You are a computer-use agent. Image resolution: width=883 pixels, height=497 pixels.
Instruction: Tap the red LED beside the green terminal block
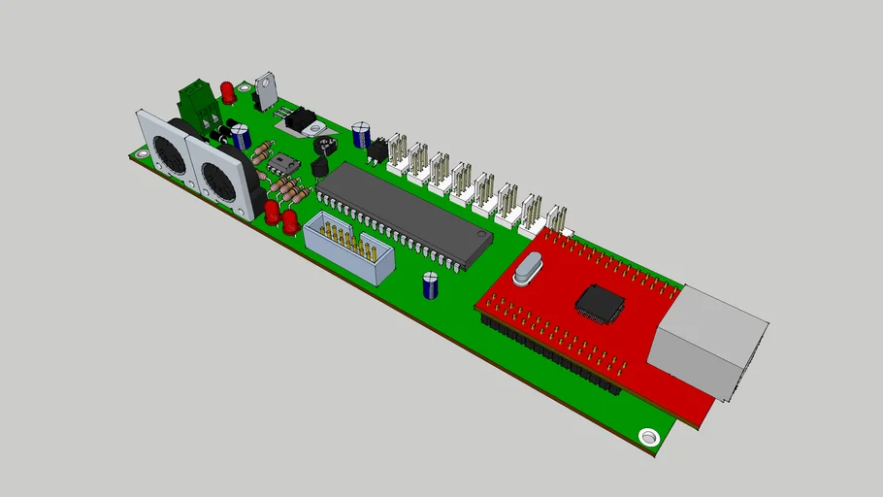tap(227, 92)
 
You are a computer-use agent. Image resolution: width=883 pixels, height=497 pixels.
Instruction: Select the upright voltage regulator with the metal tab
tap(264, 89)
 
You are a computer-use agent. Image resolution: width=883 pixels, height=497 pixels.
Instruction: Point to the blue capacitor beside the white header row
tap(361, 134)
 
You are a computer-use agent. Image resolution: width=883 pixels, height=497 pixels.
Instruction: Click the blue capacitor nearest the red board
tap(430, 285)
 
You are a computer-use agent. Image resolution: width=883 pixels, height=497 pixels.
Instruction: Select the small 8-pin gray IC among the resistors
tap(281, 162)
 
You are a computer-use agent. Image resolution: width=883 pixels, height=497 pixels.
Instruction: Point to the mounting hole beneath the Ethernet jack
tap(648, 436)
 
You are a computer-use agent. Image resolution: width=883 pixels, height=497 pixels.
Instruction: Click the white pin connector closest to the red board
tap(556, 221)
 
